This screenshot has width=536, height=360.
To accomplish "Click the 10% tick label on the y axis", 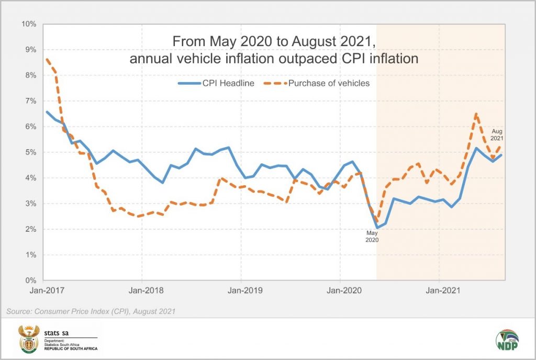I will (x=28, y=24).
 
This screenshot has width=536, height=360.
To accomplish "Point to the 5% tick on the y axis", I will (x=30, y=152).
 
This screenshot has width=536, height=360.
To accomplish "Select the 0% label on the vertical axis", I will (x=30, y=280).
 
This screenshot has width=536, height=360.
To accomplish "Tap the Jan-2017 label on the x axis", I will (x=43, y=288).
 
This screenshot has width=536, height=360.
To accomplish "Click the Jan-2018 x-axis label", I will (x=142, y=288).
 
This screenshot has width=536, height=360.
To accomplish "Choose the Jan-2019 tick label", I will (x=241, y=288).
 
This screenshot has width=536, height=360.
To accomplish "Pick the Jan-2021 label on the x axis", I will (x=439, y=288).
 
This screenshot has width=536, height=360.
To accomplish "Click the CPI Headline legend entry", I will (x=216, y=83).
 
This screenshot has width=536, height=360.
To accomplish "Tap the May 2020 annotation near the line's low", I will (x=372, y=237).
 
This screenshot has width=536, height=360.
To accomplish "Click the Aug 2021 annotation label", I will (x=497, y=135).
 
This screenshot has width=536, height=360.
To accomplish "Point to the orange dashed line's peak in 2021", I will (x=476, y=114).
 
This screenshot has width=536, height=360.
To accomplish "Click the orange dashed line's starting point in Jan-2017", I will (x=46, y=59).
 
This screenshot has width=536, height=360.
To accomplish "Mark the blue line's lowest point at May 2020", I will (x=377, y=228).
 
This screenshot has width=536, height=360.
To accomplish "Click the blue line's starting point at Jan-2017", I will (x=46, y=111).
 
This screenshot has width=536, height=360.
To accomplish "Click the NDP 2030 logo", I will (x=507, y=341).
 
